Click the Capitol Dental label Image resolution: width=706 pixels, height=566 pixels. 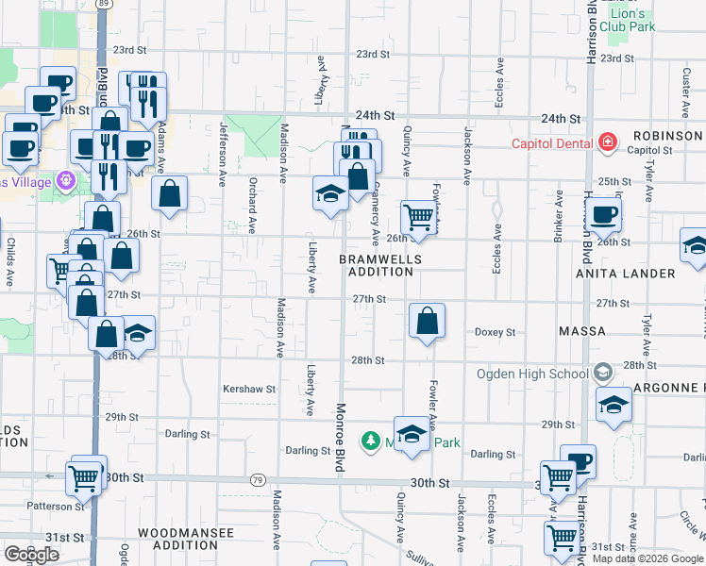pos(551,143)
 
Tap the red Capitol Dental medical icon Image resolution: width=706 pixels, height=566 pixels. pos(608,143)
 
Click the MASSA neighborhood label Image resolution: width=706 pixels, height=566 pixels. pos(581,332)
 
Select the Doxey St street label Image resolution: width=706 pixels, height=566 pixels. pos(495,332)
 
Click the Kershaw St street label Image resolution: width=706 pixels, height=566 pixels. pos(248,388)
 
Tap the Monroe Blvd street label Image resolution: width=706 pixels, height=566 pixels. pos(339,440)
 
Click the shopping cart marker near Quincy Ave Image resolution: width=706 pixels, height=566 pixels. pos(419,217)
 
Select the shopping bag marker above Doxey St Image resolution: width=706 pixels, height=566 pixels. pos(428,321)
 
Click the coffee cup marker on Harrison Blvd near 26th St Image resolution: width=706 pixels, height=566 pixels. pos(603,213)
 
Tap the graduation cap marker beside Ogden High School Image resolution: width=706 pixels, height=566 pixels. pos(614,404)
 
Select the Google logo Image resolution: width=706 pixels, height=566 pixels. pos(31,554)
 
